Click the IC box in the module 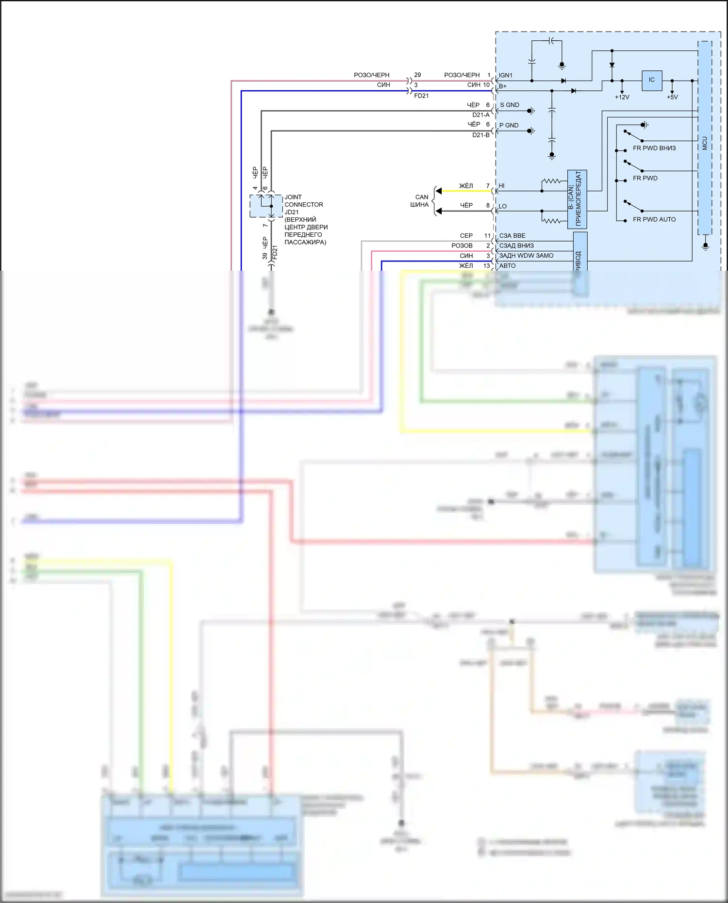tap(651, 80)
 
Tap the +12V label tap(622, 97)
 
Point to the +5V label tap(672, 97)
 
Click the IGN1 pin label tap(506, 76)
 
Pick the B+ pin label tap(503, 86)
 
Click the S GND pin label tap(510, 105)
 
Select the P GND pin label tap(509, 125)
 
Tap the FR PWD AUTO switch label tap(654, 219)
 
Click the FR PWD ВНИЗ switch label tap(654, 148)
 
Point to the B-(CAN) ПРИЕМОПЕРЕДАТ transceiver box tap(577, 199)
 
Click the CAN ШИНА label tap(420, 201)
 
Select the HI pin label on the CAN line tap(502, 186)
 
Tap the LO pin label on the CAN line tap(503, 206)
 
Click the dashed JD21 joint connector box tap(266, 206)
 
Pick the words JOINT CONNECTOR tap(303, 201)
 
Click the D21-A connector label tap(481, 115)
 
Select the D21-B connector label tap(481, 135)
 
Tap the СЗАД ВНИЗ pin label tap(516, 246)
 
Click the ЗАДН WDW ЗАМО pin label tap(526, 256)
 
